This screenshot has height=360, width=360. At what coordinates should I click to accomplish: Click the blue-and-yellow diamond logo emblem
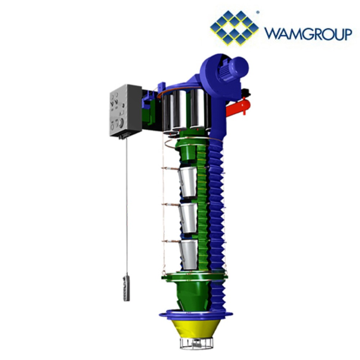[234, 28]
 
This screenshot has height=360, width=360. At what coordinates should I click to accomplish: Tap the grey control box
[125, 111]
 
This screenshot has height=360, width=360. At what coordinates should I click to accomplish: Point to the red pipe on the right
[239, 107]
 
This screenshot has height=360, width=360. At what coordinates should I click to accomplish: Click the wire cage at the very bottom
[195, 343]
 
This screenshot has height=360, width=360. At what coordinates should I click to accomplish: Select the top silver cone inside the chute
[188, 182]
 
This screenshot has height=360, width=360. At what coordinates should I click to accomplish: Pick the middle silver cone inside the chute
[189, 218]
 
